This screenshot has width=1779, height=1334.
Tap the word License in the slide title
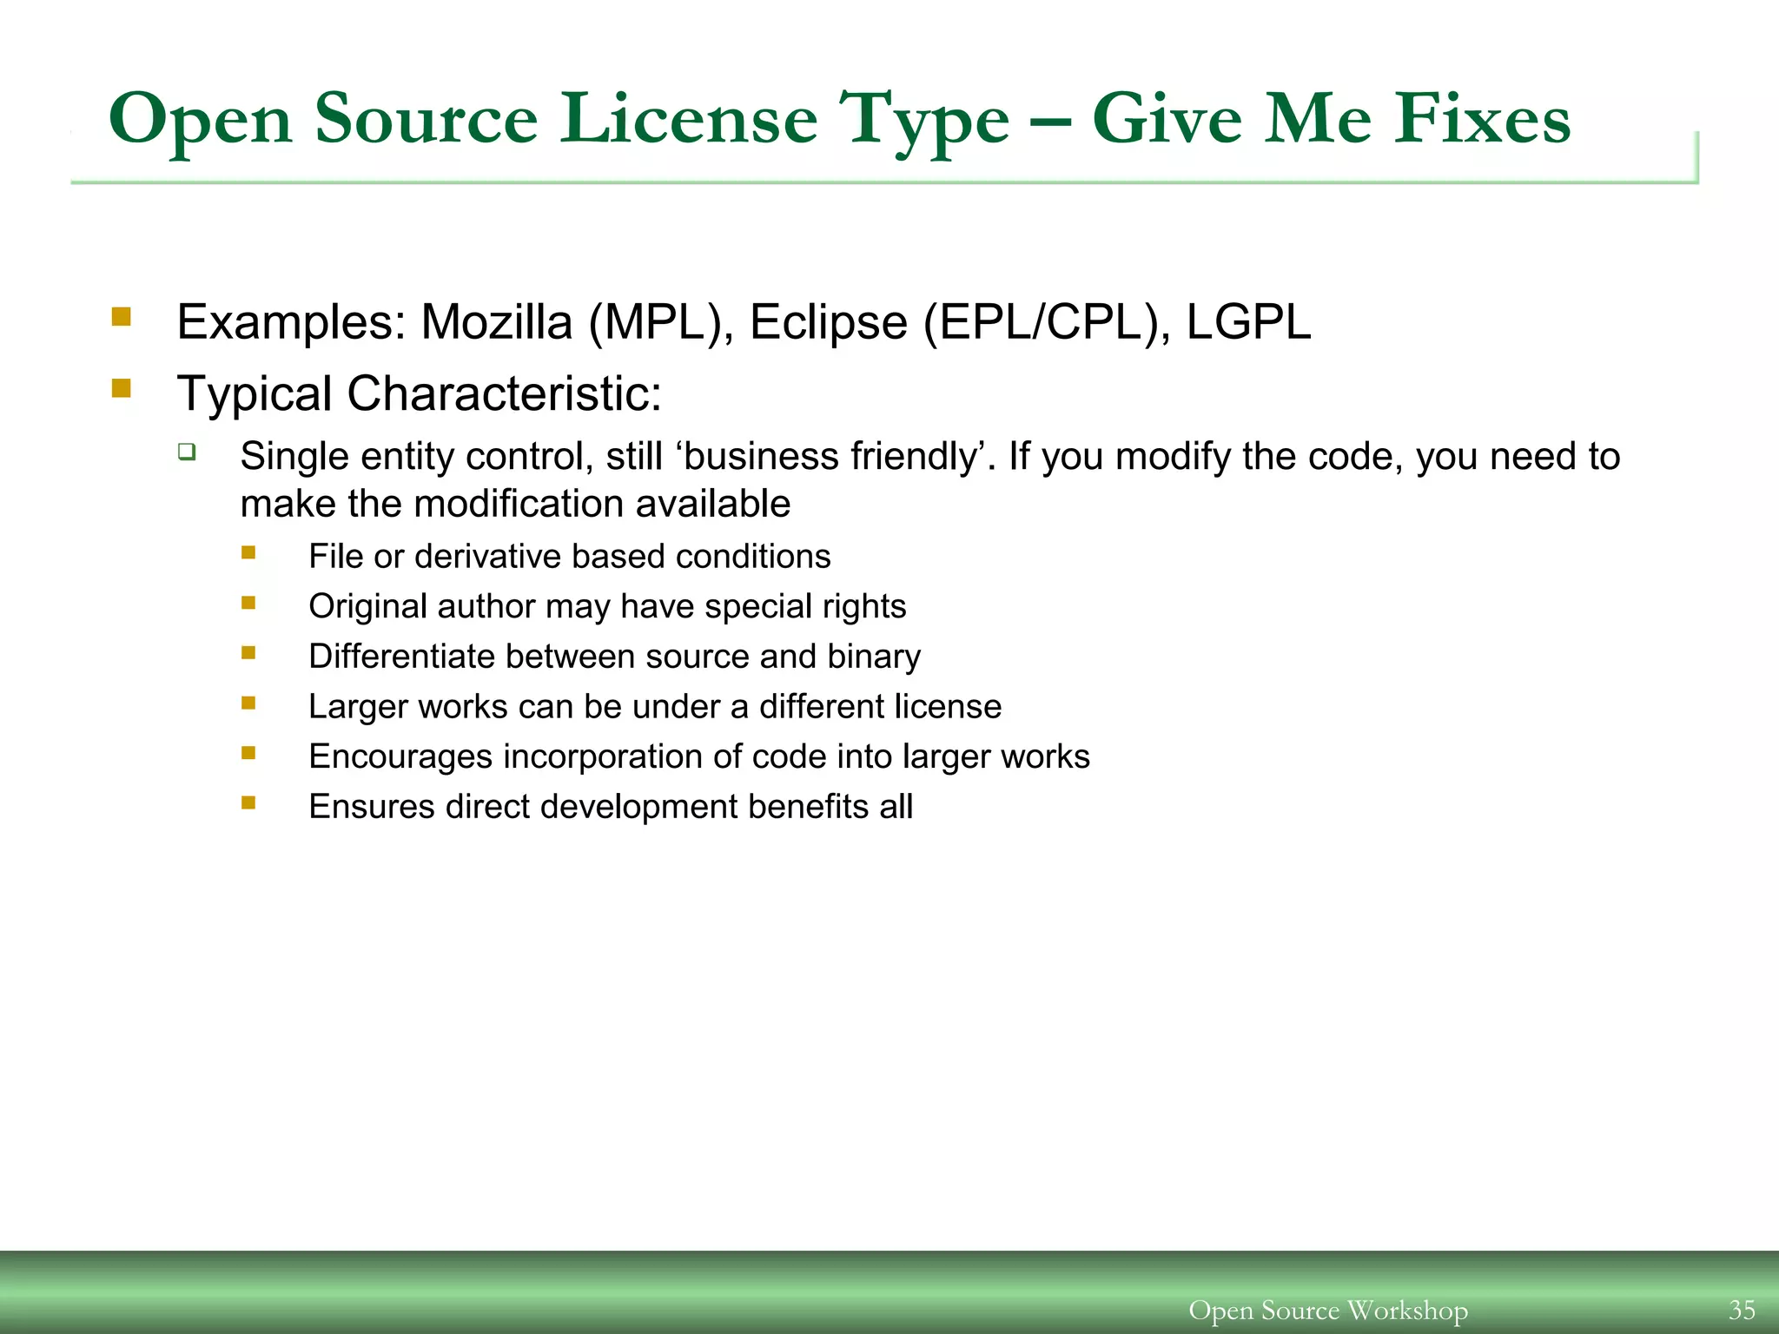(688, 119)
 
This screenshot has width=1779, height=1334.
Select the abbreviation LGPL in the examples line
(1248, 322)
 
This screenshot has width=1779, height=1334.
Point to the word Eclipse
(828, 322)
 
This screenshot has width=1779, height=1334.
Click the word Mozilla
(496, 322)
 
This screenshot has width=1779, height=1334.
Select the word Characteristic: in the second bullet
(504, 393)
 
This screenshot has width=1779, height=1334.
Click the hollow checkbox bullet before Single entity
(187, 452)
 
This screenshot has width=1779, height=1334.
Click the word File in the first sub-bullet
(335, 557)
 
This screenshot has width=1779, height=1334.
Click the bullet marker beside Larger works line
(249, 703)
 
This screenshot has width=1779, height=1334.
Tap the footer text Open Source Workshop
(1327, 1310)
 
